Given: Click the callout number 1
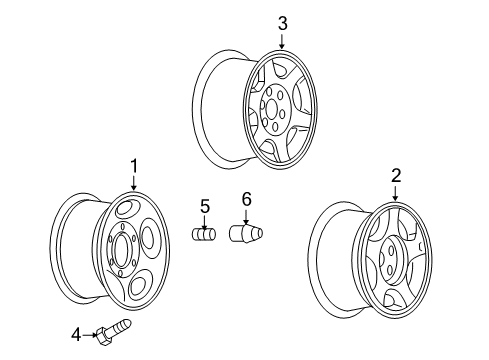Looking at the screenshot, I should [x=131, y=165].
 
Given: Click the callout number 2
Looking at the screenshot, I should [x=395, y=175].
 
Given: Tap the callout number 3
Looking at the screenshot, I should [x=281, y=22].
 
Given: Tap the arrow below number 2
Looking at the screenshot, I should [x=395, y=192].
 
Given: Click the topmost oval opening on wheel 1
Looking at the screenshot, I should [x=128, y=209].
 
